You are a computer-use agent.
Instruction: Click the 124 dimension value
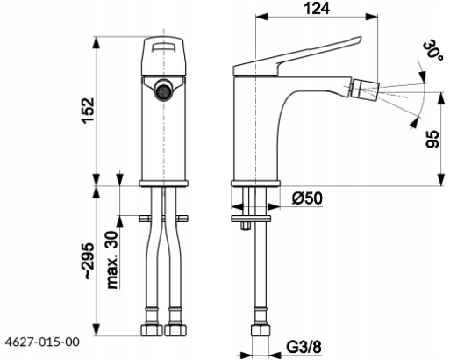tap(317, 8)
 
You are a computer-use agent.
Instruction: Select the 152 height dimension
tap(89, 111)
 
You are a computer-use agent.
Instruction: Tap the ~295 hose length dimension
tap(89, 261)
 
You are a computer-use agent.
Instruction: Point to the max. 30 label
tap(112, 260)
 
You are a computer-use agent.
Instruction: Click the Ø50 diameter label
tap(307, 198)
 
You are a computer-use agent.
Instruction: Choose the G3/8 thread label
tap(304, 348)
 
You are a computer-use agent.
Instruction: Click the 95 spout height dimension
tap(432, 139)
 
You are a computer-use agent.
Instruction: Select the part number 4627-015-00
tap(42, 342)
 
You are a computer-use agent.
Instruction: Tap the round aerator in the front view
tap(163, 90)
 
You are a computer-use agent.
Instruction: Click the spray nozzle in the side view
tap(365, 88)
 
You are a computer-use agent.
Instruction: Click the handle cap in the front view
tap(163, 56)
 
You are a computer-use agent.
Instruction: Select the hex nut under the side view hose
tap(260, 330)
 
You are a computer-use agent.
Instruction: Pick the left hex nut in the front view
tap(152, 330)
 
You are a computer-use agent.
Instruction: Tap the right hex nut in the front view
tap(175, 330)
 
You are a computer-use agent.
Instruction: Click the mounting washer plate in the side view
tap(251, 219)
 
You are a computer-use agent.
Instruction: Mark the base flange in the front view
tap(163, 184)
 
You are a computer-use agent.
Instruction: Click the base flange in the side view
tap(255, 184)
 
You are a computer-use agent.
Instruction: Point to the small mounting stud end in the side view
tap(246, 226)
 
